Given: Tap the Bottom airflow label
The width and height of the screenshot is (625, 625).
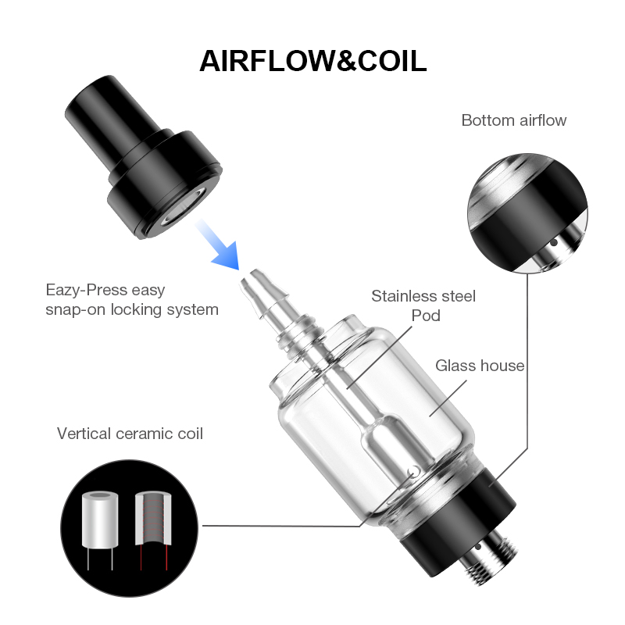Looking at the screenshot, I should tap(513, 120).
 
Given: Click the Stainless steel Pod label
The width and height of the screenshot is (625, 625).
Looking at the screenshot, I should tap(423, 305).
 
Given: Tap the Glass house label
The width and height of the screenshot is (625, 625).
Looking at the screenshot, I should tap(479, 365).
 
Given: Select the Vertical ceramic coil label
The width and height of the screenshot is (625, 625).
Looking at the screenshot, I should tap(130, 433).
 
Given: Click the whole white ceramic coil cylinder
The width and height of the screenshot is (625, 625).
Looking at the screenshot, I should tap(99, 516).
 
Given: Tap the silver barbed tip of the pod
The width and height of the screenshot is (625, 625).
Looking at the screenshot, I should tap(258, 293).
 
